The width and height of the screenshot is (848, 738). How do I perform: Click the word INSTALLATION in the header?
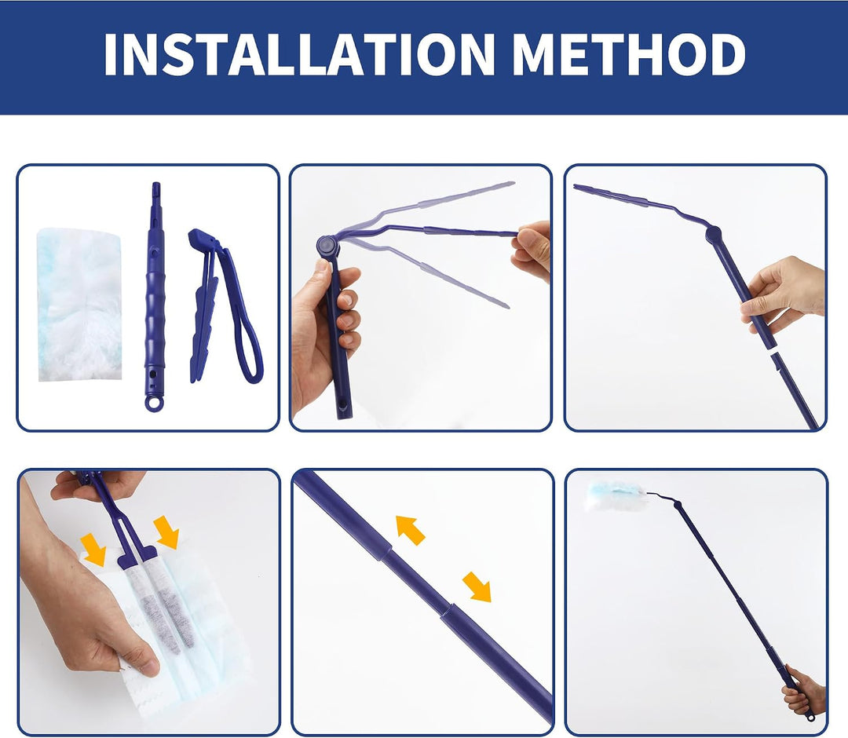(x=299, y=54)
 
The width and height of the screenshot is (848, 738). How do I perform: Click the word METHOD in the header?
(x=628, y=54)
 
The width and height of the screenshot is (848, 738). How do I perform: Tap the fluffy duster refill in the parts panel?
(x=79, y=304)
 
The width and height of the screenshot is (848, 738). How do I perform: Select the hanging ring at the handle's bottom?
(x=153, y=404)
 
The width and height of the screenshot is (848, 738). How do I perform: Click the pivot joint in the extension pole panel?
(x=713, y=233)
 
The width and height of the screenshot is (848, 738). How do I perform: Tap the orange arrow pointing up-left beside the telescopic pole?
(x=410, y=530)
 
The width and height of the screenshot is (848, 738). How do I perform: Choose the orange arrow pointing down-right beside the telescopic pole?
(x=477, y=586)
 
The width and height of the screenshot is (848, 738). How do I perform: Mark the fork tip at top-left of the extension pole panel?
(x=575, y=187)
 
